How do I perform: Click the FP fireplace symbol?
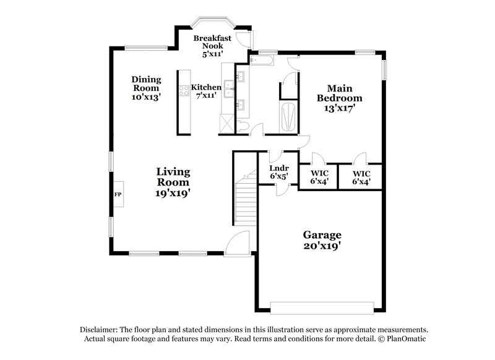pyautogui.click(x=118, y=194)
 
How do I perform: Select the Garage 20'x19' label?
pyautogui.click(x=322, y=240)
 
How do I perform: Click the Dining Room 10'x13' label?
pyautogui.click(x=146, y=88)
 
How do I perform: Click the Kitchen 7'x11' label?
pyautogui.click(x=206, y=92)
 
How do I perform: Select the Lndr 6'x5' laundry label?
pyautogui.click(x=280, y=172)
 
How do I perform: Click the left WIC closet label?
pyautogui.click(x=319, y=177)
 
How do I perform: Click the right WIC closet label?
pyautogui.click(x=361, y=177)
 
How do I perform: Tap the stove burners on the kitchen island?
pyautogui.click(x=184, y=91)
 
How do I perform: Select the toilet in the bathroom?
pyautogui.click(x=244, y=126)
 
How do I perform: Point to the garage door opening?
pyautogui.click(x=322, y=307)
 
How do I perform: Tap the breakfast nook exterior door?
pyautogui.click(x=246, y=40)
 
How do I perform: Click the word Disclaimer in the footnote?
pyautogui.click(x=98, y=330)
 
